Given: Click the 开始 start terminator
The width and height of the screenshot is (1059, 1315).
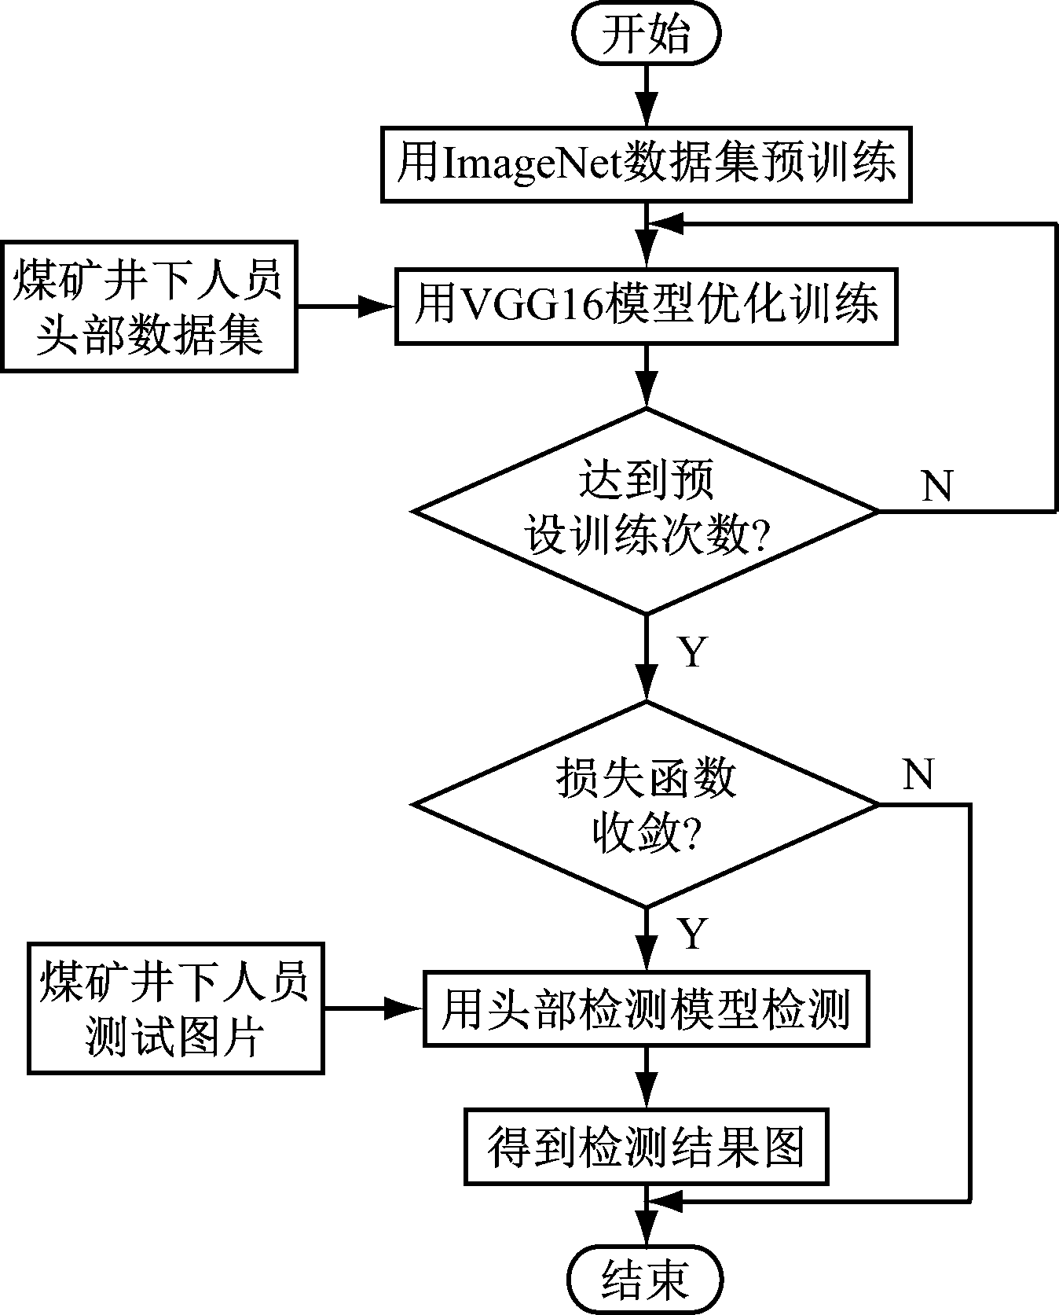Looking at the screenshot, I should pyautogui.click(x=646, y=36).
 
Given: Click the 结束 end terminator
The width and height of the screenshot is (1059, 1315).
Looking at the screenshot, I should pyautogui.click(x=646, y=1279).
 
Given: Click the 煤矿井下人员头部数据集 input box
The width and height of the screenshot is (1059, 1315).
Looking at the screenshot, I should pyautogui.click(x=148, y=307).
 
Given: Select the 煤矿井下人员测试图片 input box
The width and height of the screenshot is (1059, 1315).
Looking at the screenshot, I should pyautogui.click(x=175, y=1008).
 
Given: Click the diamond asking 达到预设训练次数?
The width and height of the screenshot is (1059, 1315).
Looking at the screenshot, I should pyautogui.click(x=646, y=511).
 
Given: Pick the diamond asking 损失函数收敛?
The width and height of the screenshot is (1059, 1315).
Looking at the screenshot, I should pyautogui.click(x=646, y=804).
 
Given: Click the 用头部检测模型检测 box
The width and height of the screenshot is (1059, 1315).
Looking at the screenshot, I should pyautogui.click(x=646, y=1009).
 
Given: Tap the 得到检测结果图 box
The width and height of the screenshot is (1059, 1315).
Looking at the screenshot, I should pyautogui.click(x=646, y=1147).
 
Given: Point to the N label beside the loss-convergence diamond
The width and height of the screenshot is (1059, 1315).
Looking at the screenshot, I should pyautogui.click(x=918, y=774).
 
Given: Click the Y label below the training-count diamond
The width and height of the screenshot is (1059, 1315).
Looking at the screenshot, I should pyautogui.click(x=693, y=652).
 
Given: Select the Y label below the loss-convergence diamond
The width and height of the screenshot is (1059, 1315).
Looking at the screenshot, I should pyautogui.click(x=693, y=933).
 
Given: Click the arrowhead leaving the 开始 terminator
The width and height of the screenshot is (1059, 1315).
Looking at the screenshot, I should pyautogui.click(x=646, y=112).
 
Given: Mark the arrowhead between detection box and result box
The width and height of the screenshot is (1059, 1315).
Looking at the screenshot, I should pyautogui.click(x=646, y=1094).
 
